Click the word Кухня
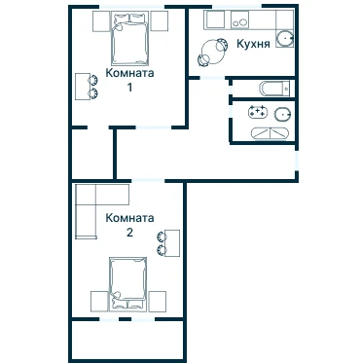[253, 44]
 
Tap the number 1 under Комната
[129, 88]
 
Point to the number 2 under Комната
[129, 233]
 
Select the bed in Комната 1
[130, 37]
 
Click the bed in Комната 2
[127, 283]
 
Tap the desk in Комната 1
[83, 87]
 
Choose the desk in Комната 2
[172, 243]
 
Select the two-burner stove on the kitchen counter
[239, 20]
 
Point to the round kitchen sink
[285, 39]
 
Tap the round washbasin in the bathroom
[282, 114]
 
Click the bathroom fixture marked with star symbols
[258, 113]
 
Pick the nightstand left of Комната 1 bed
[101, 21]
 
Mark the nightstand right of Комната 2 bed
[158, 302]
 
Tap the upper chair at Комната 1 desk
[92, 80]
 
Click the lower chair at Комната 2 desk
[162, 250]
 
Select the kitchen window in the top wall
[237, 6]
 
